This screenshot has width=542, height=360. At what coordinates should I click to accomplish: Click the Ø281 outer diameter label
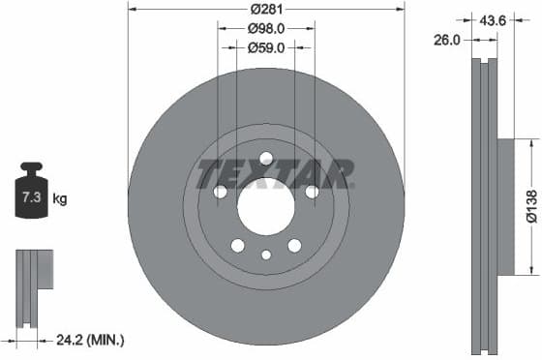point(265,10)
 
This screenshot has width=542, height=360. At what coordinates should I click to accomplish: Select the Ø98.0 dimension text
point(265,28)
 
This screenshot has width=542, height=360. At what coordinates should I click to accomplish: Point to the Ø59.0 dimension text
point(265,46)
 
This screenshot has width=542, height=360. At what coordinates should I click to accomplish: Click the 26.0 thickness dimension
point(447,40)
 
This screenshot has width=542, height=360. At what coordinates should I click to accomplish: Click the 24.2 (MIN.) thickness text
point(93,340)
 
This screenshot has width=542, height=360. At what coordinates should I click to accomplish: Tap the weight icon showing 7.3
point(32,195)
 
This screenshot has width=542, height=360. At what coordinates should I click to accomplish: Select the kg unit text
point(60,199)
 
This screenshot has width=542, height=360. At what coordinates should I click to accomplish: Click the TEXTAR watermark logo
point(275,174)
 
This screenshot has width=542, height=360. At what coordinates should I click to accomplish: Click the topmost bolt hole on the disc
point(266,159)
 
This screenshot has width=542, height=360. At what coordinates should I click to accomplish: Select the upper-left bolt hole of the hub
point(221,192)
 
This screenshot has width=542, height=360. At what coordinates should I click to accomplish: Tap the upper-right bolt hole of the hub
point(312,192)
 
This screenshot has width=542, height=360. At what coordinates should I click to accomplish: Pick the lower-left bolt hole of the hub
point(237,245)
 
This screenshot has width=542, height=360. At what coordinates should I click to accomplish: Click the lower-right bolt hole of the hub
point(294,245)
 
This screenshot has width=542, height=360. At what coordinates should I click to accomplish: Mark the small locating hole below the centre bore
point(266,255)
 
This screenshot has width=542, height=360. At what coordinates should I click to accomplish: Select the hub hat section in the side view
point(507,206)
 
